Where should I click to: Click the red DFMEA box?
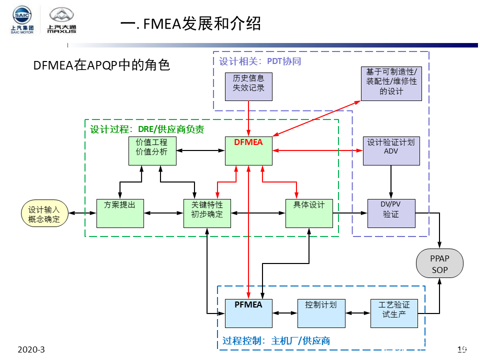248,150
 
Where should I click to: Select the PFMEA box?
248,313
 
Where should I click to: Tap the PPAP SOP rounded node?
439,264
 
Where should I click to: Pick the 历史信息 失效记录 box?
248,86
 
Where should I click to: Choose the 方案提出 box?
119,213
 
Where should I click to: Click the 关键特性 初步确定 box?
207,213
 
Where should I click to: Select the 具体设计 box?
309,213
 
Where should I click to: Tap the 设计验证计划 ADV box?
391,150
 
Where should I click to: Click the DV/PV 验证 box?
391,213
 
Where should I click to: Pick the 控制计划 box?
320,313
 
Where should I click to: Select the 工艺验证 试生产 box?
394,313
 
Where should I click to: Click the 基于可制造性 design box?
391,83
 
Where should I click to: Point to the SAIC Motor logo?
22,21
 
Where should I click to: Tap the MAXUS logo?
61,21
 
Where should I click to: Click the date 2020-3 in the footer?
31,349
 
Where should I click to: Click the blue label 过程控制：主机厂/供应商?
276,341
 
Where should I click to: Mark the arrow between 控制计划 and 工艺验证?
357,313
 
